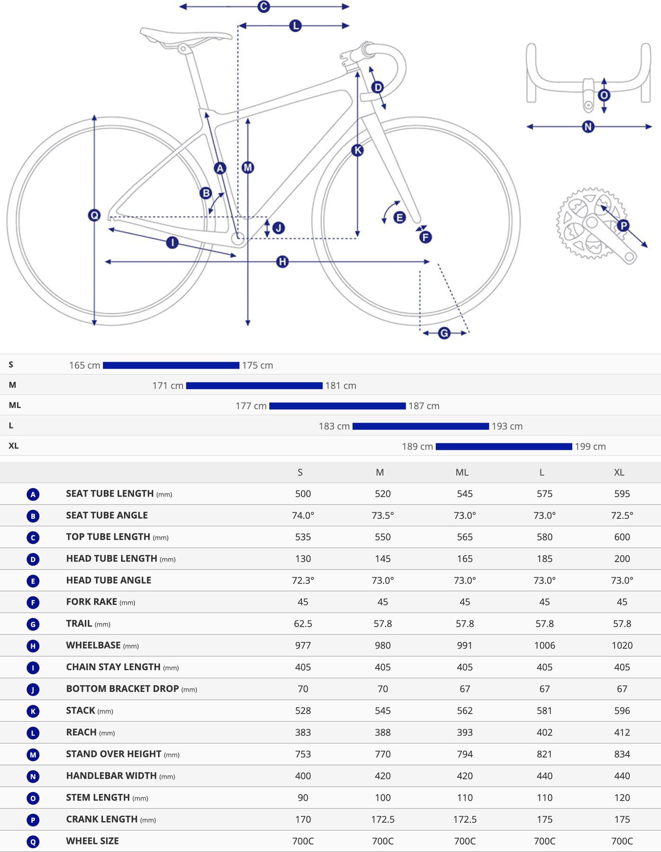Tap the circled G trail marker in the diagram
(x=444, y=333)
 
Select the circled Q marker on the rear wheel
(x=95, y=215)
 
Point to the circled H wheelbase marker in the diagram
(x=282, y=262)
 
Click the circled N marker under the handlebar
(x=588, y=127)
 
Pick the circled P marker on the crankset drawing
(x=623, y=225)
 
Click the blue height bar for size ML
(x=337, y=406)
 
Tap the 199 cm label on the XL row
(x=590, y=447)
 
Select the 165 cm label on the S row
(x=85, y=365)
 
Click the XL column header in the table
(x=619, y=472)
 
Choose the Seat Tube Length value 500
(x=303, y=494)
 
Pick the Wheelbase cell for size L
(x=545, y=646)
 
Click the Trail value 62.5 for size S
(x=303, y=624)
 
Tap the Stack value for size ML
(x=465, y=711)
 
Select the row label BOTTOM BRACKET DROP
(x=123, y=689)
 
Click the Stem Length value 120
(x=622, y=798)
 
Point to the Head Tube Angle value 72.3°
(x=303, y=580)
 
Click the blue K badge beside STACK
(x=33, y=711)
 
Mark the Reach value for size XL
(x=622, y=733)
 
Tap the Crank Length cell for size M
(x=382, y=820)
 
